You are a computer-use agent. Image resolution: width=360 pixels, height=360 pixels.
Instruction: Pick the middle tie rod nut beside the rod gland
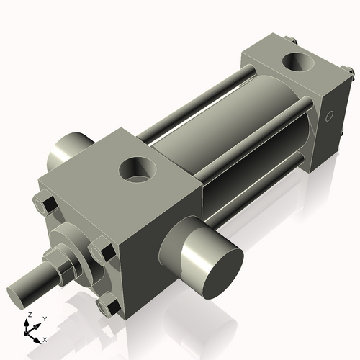click(102, 253)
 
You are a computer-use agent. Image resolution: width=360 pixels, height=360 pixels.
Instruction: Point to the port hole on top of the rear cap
click(297, 63)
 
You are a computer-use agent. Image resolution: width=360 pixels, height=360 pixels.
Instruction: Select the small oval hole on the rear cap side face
click(329, 115)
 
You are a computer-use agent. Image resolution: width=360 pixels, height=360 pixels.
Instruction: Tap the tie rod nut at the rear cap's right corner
click(349, 72)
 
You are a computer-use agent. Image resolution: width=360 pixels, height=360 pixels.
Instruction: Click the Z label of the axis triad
click(28, 315)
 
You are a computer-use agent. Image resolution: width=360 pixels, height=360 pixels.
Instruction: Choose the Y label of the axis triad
click(44, 318)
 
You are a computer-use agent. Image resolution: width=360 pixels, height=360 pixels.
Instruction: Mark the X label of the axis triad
click(45, 338)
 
